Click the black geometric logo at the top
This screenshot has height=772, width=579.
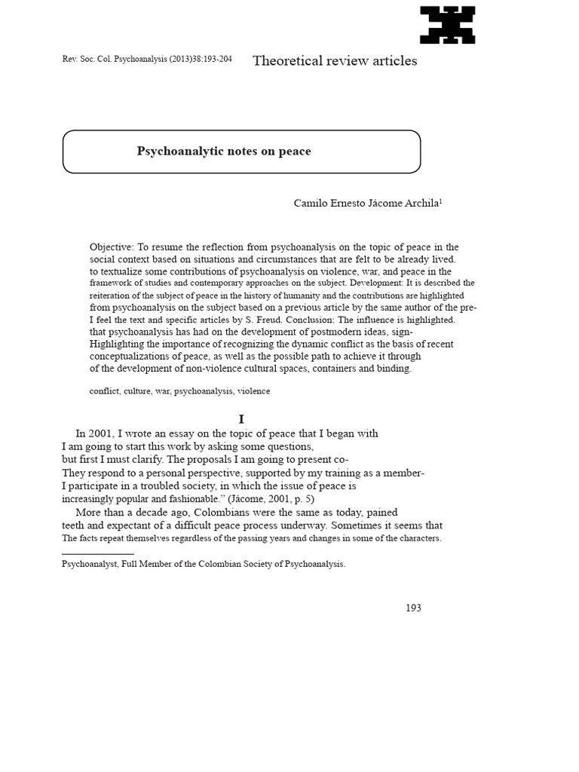coord(448,25)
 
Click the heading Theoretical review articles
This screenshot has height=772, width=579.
coord(335,61)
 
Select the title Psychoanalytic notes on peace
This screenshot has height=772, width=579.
coord(224,152)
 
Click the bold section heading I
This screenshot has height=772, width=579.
coord(241,419)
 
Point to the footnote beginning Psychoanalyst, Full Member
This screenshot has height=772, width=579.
coord(204,563)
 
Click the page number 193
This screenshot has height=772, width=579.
coord(412,608)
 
